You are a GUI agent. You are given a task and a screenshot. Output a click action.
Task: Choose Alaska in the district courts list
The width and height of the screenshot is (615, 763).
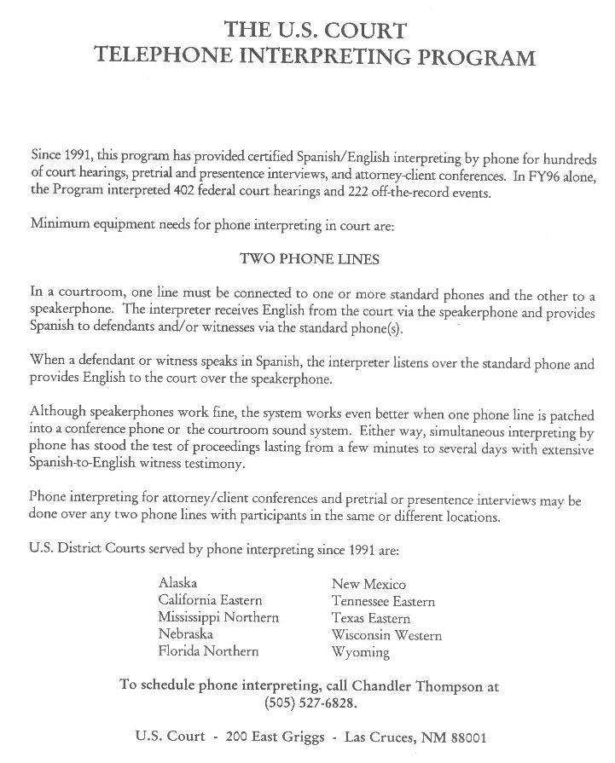(x=177, y=584)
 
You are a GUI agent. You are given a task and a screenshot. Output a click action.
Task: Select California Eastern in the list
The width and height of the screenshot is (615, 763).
(x=210, y=601)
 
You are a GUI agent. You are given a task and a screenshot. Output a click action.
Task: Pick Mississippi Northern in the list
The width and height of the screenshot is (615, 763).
(x=218, y=617)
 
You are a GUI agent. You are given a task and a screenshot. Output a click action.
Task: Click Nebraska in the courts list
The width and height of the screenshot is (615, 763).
(x=186, y=634)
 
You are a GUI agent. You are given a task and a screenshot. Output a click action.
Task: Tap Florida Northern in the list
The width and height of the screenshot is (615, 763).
(x=208, y=651)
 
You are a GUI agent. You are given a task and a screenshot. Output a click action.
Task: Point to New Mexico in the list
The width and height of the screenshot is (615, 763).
(x=368, y=585)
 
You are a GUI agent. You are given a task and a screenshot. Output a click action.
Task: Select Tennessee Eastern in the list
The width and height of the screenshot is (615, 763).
(x=383, y=602)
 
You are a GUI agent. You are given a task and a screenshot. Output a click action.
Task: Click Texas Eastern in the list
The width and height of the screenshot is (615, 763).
(x=371, y=618)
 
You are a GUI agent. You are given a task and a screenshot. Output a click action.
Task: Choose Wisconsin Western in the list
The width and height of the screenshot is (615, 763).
(x=386, y=635)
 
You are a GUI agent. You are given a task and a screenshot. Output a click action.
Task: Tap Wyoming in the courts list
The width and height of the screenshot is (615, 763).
(x=360, y=652)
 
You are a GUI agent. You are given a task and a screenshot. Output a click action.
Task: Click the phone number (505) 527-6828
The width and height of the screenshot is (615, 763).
(x=309, y=704)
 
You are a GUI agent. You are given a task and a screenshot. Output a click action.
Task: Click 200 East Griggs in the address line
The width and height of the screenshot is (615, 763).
(x=276, y=737)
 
